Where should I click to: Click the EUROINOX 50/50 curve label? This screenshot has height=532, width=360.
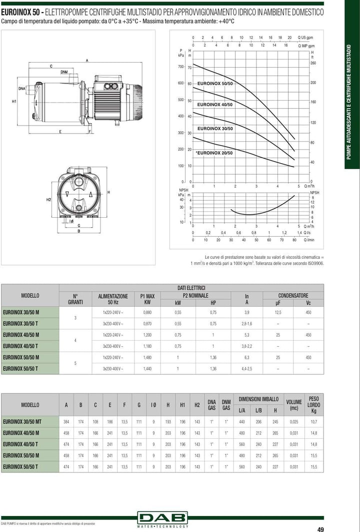click(215, 83)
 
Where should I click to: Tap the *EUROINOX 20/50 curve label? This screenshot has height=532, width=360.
click(214, 153)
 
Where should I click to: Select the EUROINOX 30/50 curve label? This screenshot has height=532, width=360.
click(215, 129)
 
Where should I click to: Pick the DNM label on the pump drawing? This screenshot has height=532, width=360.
click(64, 72)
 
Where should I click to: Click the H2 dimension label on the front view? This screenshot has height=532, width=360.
click(48, 200)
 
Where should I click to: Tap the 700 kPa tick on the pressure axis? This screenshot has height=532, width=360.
click(180, 67)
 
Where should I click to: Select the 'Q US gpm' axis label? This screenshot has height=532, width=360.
click(305, 38)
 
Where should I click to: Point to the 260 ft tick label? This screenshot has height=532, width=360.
click(313, 63)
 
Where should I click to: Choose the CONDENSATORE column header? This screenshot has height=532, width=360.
click(293, 295)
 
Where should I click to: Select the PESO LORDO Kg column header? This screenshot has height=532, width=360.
click(313, 405)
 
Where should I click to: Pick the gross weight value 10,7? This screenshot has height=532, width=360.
click(313, 422)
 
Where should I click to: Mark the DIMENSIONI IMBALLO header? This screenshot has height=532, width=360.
click(258, 399)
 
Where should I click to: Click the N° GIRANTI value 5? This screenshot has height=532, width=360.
click(75, 363)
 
